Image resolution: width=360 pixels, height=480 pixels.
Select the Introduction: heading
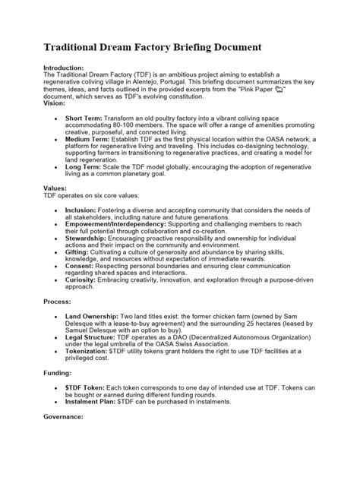pyautogui.click(x=66, y=67)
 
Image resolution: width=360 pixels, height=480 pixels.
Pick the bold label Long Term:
pyautogui.click(x=83, y=166)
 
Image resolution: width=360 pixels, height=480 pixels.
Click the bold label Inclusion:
pyautogui.click(x=81, y=209)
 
